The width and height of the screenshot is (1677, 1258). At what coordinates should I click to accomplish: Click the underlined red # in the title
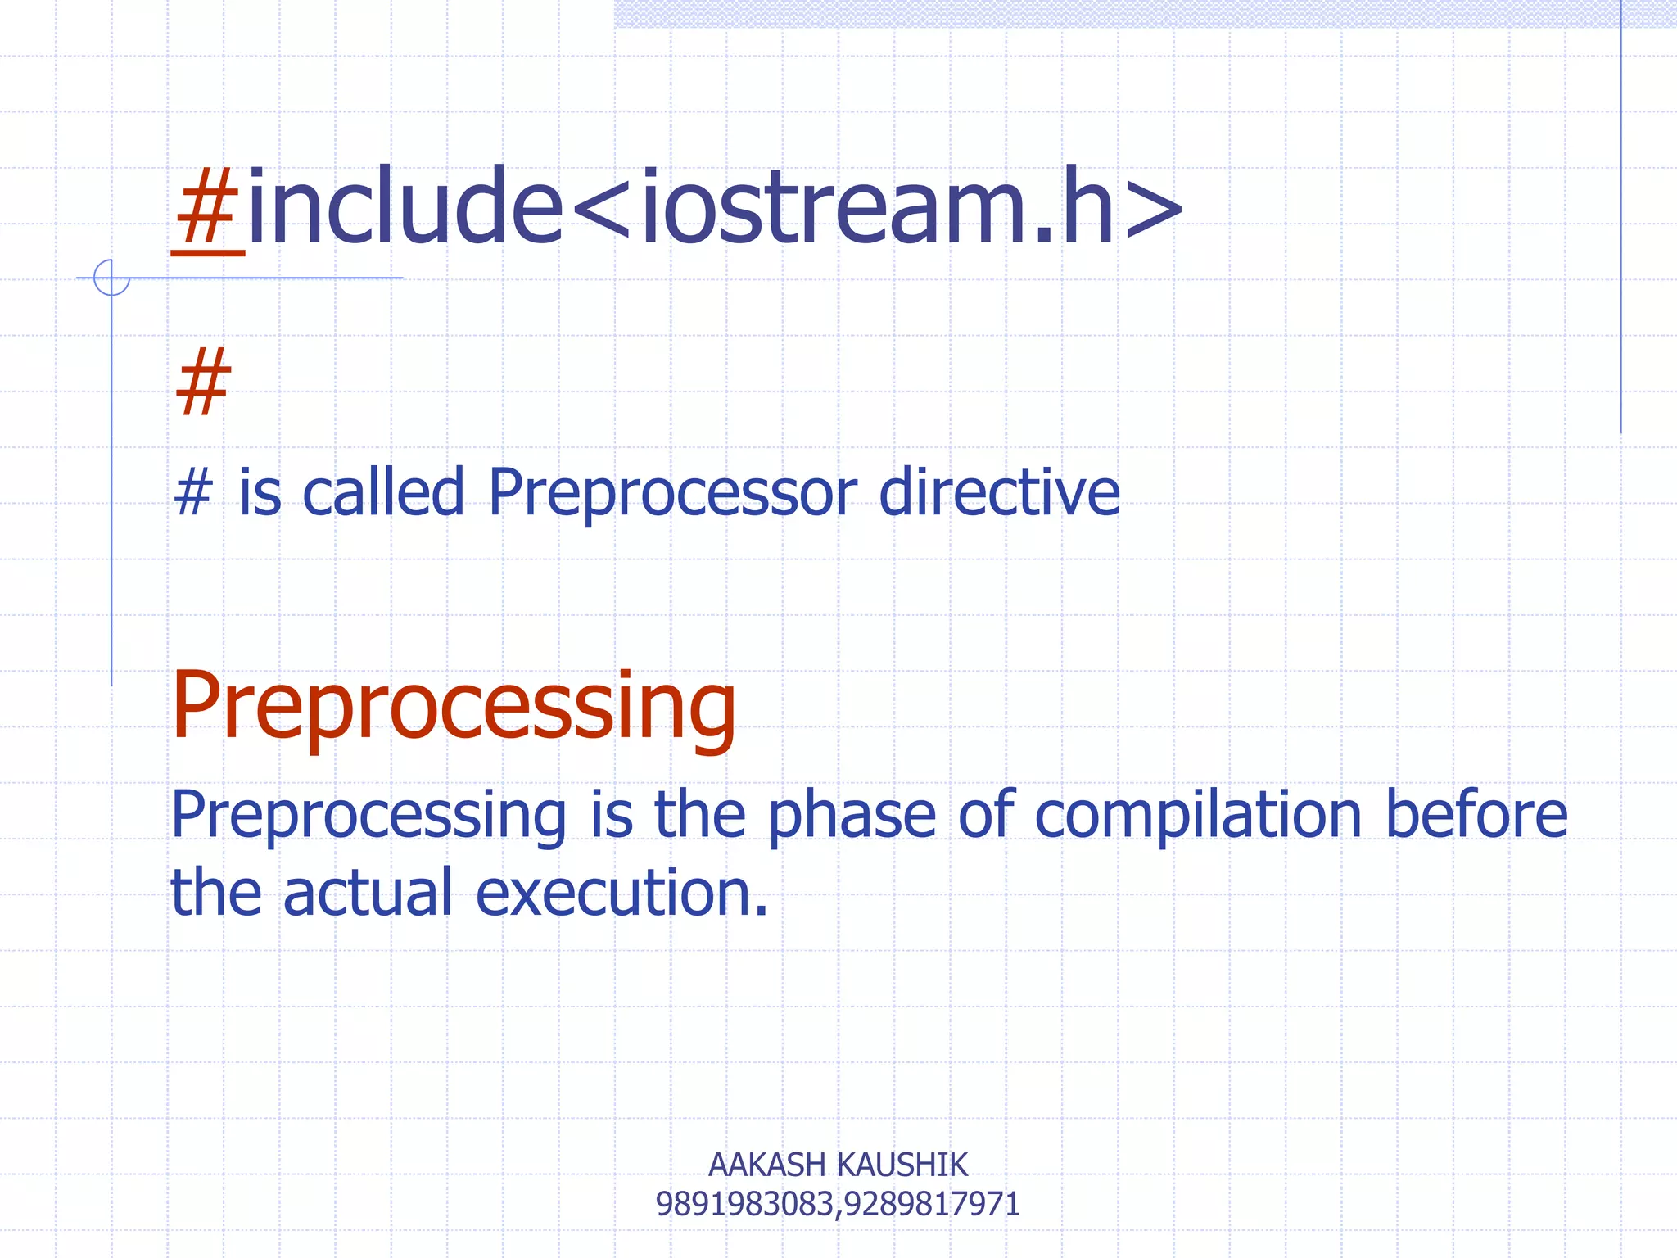click(x=207, y=209)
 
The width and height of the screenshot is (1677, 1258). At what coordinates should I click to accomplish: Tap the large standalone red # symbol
click(x=203, y=382)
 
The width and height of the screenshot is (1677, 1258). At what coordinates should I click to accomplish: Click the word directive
click(x=999, y=493)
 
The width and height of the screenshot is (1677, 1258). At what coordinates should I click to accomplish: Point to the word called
click(x=383, y=493)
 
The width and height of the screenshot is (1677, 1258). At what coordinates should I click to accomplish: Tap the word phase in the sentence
click(x=852, y=817)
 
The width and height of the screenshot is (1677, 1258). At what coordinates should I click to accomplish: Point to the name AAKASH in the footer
click(x=766, y=1165)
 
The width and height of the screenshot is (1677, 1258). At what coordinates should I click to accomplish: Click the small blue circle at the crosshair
click(x=111, y=277)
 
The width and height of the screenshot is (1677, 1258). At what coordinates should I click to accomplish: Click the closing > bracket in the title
click(x=1154, y=209)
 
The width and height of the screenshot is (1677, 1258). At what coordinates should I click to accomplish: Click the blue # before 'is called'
click(x=193, y=493)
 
